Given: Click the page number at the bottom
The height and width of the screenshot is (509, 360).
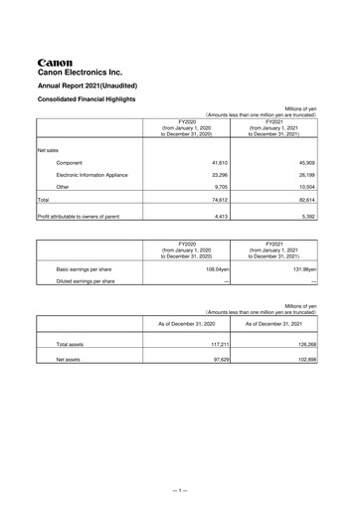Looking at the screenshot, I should (179, 490).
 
